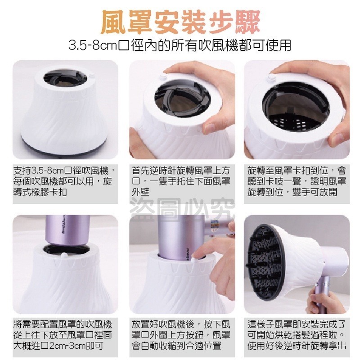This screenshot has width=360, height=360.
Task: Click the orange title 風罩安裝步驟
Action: point(180,21)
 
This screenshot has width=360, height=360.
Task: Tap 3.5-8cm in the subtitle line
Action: point(92,45)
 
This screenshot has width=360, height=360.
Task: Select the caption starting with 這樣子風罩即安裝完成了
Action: point(297,335)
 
